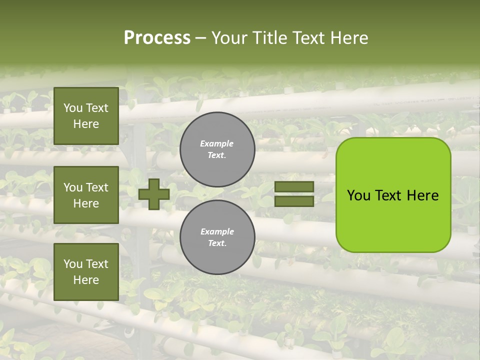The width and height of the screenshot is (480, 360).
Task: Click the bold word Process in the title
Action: [x=157, y=38]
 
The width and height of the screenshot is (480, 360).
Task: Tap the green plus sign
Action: [x=154, y=194]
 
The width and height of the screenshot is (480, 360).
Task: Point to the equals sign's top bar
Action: [x=294, y=187]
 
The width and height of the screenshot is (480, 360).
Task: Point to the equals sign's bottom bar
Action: [x=294, y=201]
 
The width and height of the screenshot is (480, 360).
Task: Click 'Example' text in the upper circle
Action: [x=217, y=144]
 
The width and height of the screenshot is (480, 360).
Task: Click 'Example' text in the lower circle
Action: [x=217, y=231]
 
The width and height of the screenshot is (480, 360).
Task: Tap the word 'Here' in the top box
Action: [x=86, y=124]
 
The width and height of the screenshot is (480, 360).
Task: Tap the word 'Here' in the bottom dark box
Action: [x=86, y=280]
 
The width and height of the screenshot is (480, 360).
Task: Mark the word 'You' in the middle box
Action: [x=72, y=187]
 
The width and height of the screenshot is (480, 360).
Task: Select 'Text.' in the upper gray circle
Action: [x=217, y=155]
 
